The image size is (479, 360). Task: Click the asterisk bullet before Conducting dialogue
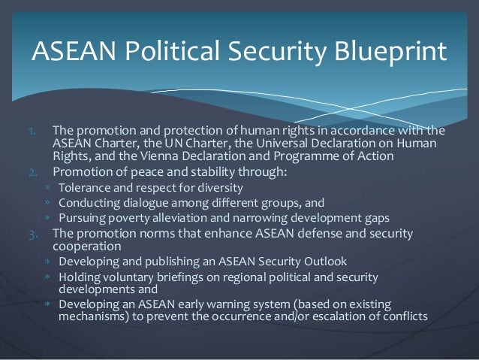(46, 203)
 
